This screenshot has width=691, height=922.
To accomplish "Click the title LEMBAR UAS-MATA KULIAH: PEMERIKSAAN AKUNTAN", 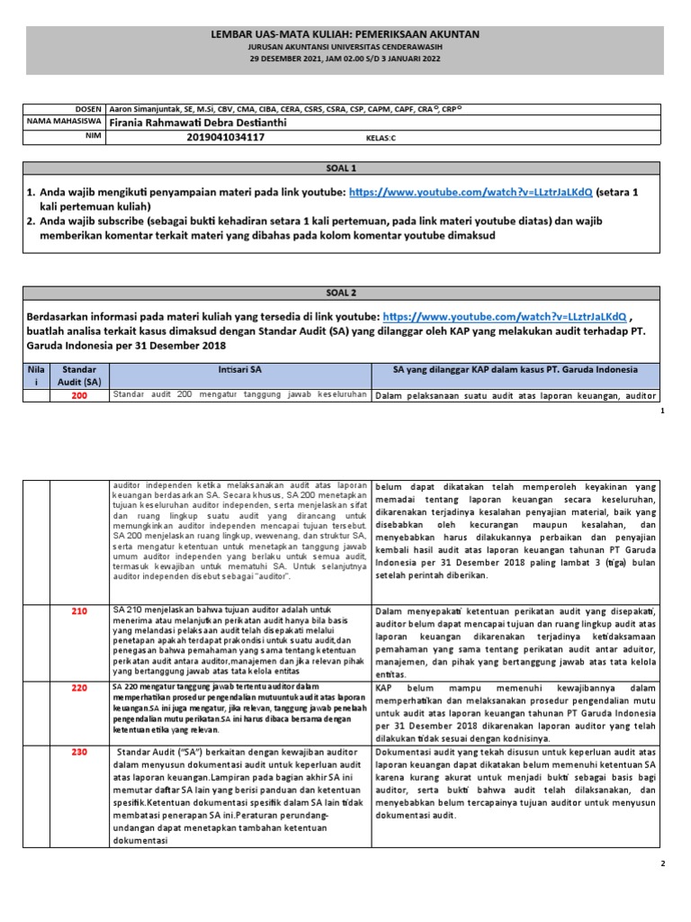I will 345,34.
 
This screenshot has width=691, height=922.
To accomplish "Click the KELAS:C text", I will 381,139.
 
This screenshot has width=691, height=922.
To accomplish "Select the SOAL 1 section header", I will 345,168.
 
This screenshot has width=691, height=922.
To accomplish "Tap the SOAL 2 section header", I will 345,294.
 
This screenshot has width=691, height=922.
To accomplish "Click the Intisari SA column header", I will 239,370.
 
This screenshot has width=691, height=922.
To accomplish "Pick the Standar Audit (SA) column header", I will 79,375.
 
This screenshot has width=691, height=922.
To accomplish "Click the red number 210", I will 79,611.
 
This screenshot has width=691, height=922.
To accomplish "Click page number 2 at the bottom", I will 661,863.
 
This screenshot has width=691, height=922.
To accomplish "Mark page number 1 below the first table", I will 661,410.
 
